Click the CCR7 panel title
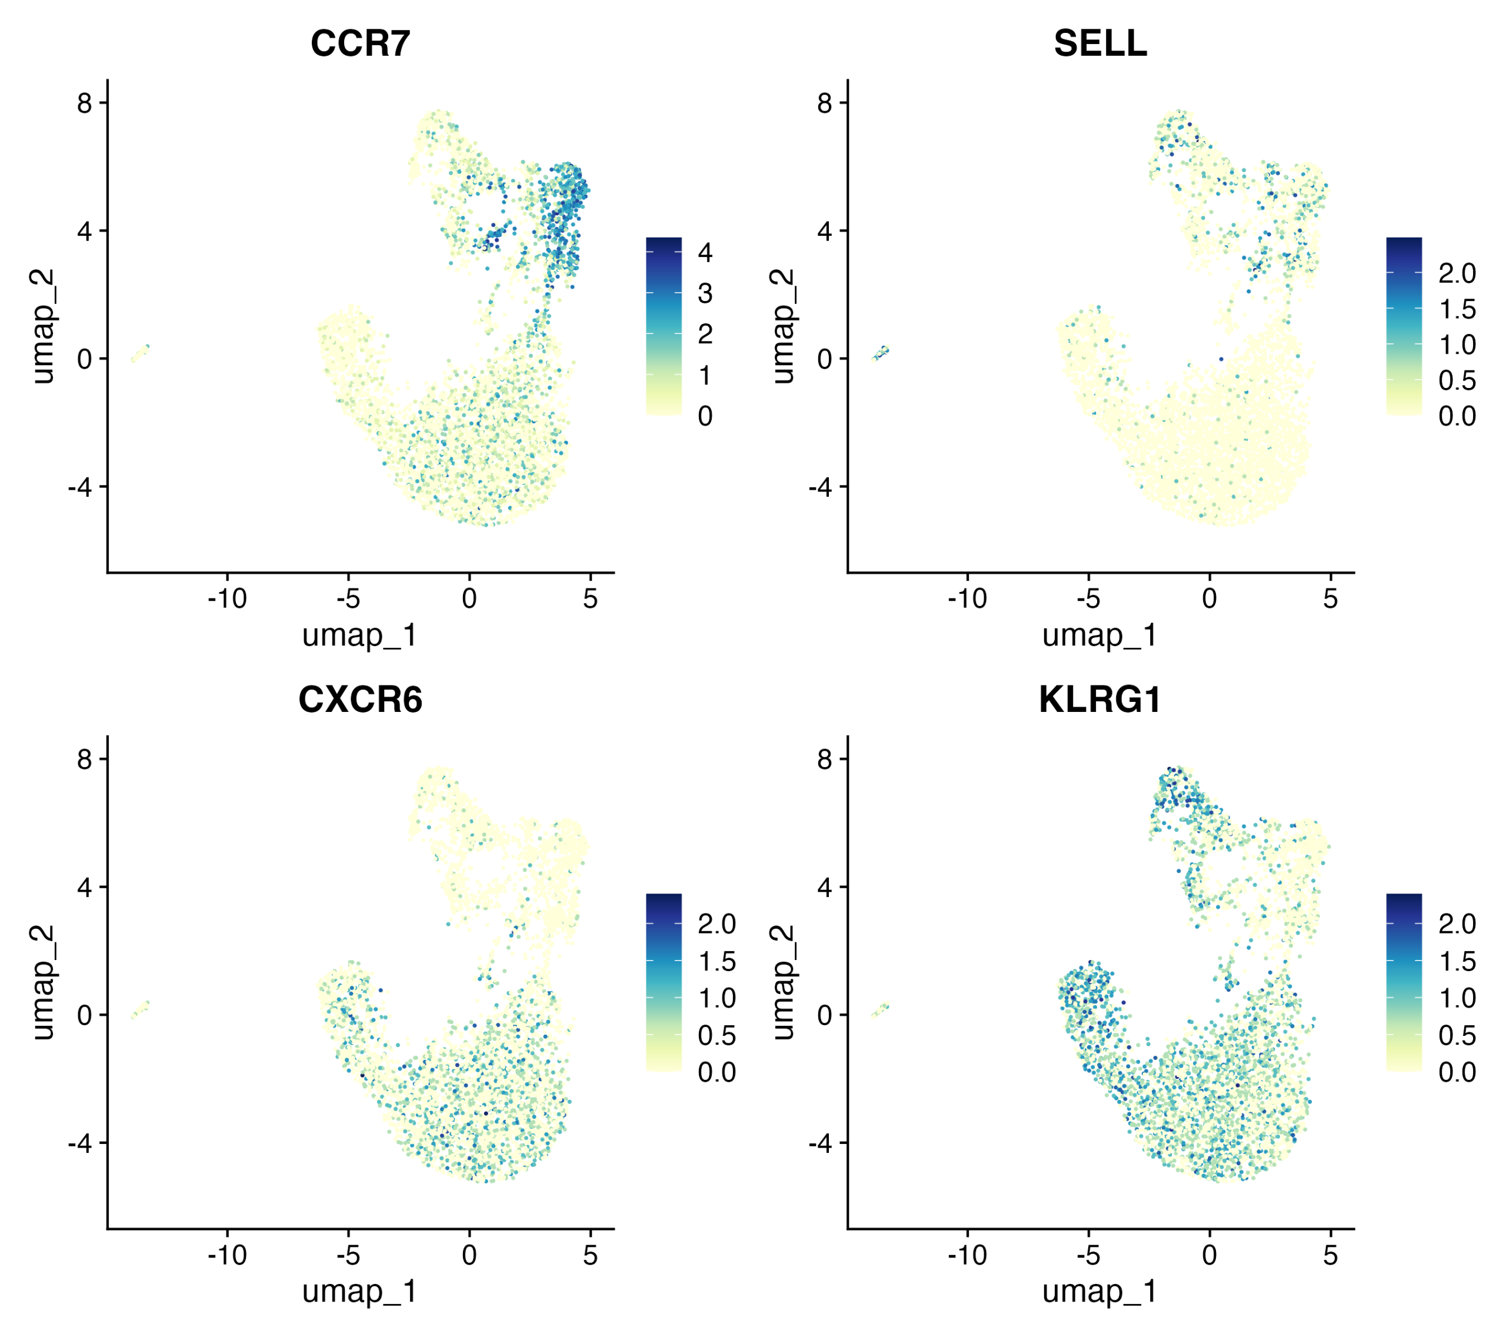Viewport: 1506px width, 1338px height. (360, 44)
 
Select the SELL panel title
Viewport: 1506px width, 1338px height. (1100, 44)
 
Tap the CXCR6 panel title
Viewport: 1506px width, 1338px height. (360, 700)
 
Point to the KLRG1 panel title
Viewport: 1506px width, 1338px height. (1100, 700)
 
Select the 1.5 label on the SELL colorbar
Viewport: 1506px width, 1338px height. (1457, 309)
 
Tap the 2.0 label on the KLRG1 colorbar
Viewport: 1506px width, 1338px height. (1457, 924)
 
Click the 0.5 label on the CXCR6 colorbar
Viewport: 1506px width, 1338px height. (717, 1035)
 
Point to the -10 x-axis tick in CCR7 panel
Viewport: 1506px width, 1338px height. (227, 598)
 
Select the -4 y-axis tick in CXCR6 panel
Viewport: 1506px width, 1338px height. (79, 1143)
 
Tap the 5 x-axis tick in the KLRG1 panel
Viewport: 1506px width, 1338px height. (1330, 1255)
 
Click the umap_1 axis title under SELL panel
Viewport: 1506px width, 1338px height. (1100, 635)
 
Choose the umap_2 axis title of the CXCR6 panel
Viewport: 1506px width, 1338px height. (43, 983)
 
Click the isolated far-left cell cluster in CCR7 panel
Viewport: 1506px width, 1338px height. (140, 353)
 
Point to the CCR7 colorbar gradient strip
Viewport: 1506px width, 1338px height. (664, 326)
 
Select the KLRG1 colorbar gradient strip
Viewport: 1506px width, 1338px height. (1404, 982)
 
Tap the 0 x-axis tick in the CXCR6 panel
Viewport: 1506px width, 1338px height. (469, 1255)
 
